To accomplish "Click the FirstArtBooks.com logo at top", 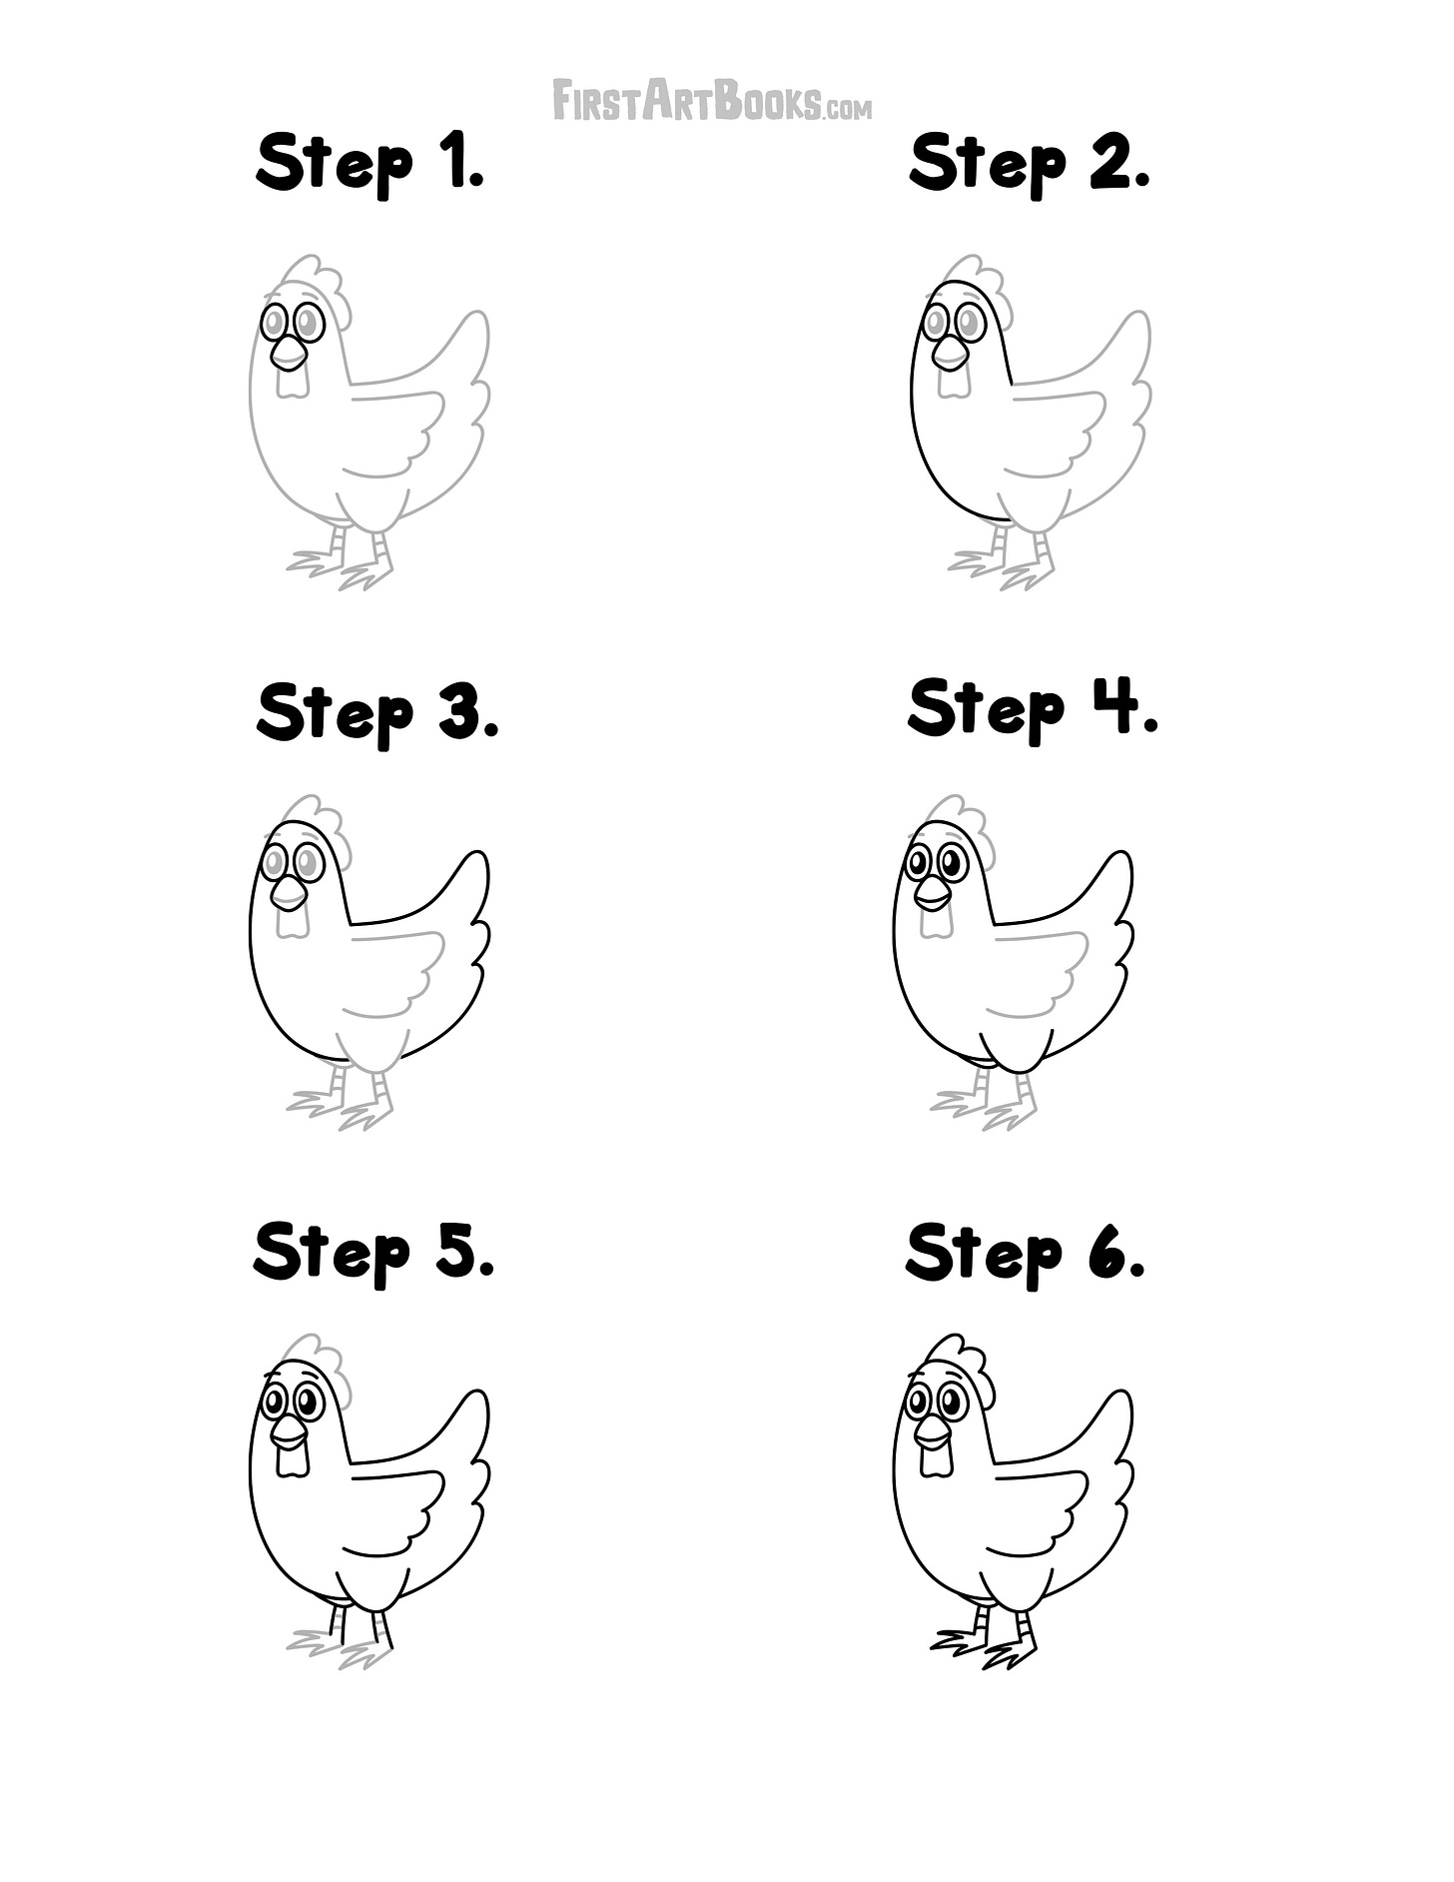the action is (x=712, y=101).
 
